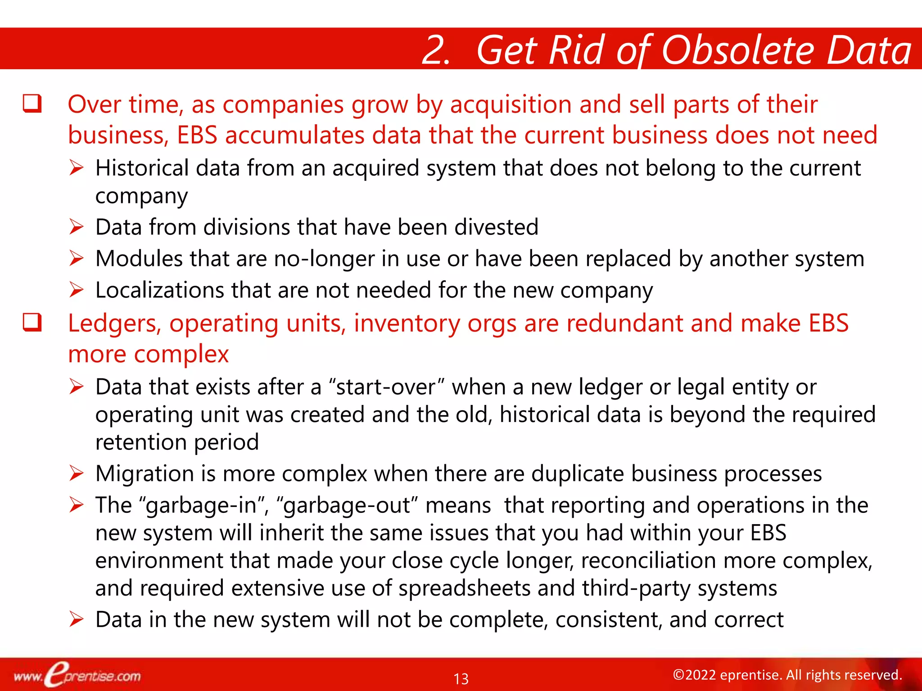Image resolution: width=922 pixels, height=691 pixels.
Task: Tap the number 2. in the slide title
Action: [x=436, y=50]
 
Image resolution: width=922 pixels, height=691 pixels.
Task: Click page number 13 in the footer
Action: [x=461, y=678]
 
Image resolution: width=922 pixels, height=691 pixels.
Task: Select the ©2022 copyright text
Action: [x=787, y=675]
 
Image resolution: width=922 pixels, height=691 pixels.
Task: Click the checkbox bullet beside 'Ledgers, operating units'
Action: [x=32, y=323]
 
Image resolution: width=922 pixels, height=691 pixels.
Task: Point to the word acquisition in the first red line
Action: [x=511, y=104]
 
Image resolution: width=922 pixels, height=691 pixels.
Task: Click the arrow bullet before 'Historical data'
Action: [x=77, y=168]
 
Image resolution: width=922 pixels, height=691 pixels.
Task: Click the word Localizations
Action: [x=159, y=290]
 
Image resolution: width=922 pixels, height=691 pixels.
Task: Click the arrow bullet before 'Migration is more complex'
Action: [x=77, y=474]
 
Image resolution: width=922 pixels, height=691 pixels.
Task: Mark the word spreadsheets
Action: [x=464, y=588]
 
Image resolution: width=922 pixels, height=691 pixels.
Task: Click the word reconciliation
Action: [x=648, y=561]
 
